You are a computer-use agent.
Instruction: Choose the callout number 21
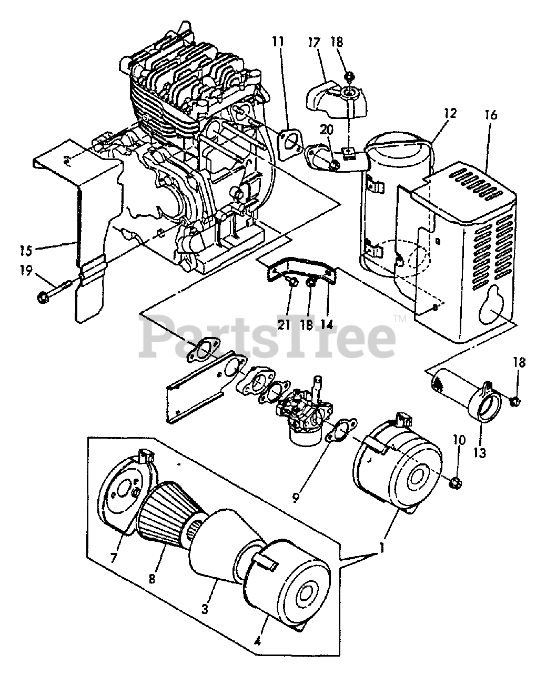click(285, 324)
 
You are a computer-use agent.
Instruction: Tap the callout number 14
click(327, 324)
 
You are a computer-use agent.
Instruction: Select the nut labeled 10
click(456, 481)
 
